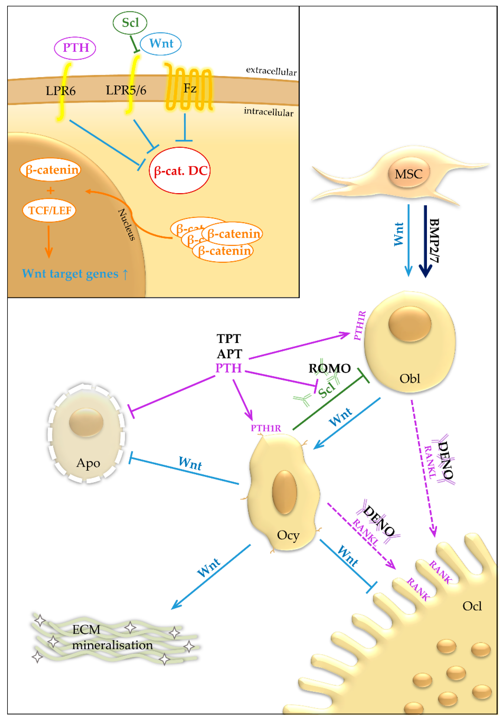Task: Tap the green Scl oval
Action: click(x=130, y=23)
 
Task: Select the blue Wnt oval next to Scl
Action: click(x=160, y=44)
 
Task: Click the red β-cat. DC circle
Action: click(x=180, y=170)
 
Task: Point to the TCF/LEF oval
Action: click(x=49, y=210)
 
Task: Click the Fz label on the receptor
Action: click(x=190, y=89)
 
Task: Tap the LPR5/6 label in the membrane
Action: click(x=126, y=90)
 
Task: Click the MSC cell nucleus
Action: click(x=408, y=174)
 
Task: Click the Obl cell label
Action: click(x=409, y=379)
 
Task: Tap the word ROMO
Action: click(x=329, y=368)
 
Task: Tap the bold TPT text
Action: click(x=229, y=339)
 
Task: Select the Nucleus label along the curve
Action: click(x=126, y=225)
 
